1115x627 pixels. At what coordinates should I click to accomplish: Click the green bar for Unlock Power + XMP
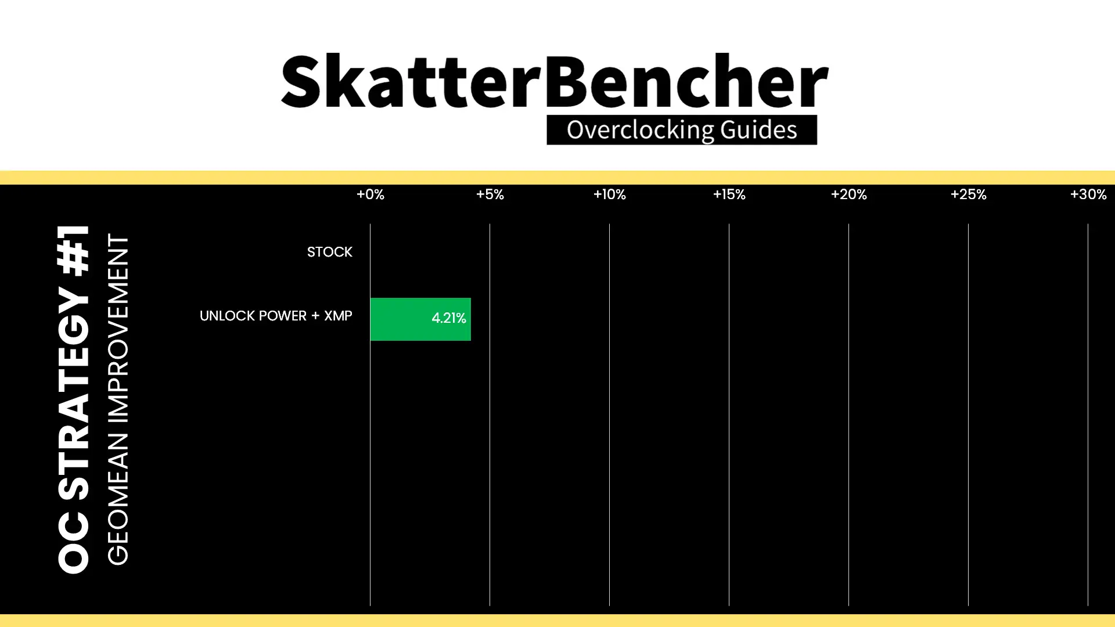[420, 319]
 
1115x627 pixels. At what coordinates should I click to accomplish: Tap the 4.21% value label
[448, 318]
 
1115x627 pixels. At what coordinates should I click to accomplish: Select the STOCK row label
[329, 252]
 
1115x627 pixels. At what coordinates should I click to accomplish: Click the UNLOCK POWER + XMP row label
[276, 316]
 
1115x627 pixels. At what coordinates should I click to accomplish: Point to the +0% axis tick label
[370, 194]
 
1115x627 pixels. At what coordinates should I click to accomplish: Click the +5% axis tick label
[490, 194]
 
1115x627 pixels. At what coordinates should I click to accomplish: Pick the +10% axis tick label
[609, 194]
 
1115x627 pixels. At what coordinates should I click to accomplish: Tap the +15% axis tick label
[729, 194]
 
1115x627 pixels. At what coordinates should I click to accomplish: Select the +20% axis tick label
[848, 194]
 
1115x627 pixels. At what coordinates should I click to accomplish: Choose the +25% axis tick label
[968, 194]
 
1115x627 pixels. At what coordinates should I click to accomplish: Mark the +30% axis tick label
[1088, 194]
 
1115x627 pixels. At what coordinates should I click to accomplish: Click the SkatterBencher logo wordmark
[555, 81]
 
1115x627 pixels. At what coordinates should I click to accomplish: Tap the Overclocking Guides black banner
[682, 130]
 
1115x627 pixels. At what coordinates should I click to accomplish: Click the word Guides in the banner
[758, 129]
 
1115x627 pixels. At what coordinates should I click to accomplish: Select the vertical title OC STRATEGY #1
[74, 399]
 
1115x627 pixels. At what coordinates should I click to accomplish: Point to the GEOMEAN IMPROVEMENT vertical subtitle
[118, 399]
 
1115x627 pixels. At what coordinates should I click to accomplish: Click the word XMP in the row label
[338, 316]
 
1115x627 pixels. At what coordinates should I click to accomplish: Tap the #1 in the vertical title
[74, 250]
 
